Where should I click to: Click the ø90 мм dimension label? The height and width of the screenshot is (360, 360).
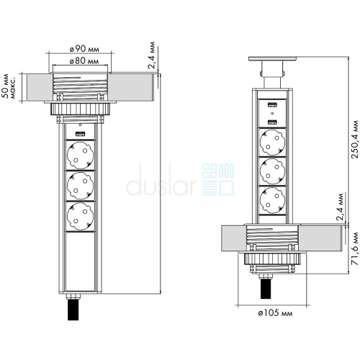[84, 49]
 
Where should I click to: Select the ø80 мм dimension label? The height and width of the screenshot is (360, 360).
[84, 61]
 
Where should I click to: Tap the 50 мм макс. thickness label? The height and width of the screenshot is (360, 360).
[9, 86]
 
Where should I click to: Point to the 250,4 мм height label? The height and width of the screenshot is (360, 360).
[354, 139]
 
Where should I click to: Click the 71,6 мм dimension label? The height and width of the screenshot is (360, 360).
[354, 248]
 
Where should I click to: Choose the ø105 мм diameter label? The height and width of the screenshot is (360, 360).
[275, 312]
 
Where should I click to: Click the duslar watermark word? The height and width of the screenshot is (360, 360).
[161, 181]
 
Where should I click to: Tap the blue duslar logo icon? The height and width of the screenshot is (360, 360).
[218, 179]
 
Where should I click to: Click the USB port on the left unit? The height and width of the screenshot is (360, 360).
[81, 134]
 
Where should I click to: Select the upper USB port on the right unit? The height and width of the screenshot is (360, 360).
[272, 104]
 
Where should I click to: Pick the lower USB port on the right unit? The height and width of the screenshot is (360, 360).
[272, 122]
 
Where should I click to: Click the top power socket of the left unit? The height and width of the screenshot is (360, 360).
[81, 156]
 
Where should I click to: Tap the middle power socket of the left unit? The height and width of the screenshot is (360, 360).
[81, 186]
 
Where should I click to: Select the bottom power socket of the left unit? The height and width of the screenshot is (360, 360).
[81, 217]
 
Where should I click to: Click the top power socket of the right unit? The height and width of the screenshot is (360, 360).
[273, 143]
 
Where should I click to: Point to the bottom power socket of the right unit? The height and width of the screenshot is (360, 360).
[273, 201]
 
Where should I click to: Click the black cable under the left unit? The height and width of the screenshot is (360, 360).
[73, 310]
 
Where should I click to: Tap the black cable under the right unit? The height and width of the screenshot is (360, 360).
[266, 289]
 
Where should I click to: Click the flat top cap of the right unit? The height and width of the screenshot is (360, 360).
[272, 58]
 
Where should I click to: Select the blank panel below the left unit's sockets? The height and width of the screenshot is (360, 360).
[81, 261]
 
